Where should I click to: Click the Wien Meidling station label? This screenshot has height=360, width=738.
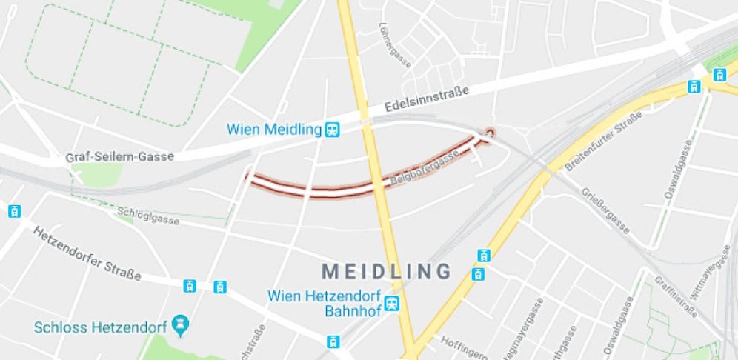[275, 130]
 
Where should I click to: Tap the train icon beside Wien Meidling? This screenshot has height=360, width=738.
[333, 130]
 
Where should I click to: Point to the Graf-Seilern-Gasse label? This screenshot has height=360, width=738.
[119, 156]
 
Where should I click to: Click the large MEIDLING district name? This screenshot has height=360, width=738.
[386, 270]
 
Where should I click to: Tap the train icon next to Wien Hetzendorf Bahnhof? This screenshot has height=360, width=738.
[391, 303]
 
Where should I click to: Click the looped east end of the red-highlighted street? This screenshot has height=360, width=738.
[489, 133]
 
